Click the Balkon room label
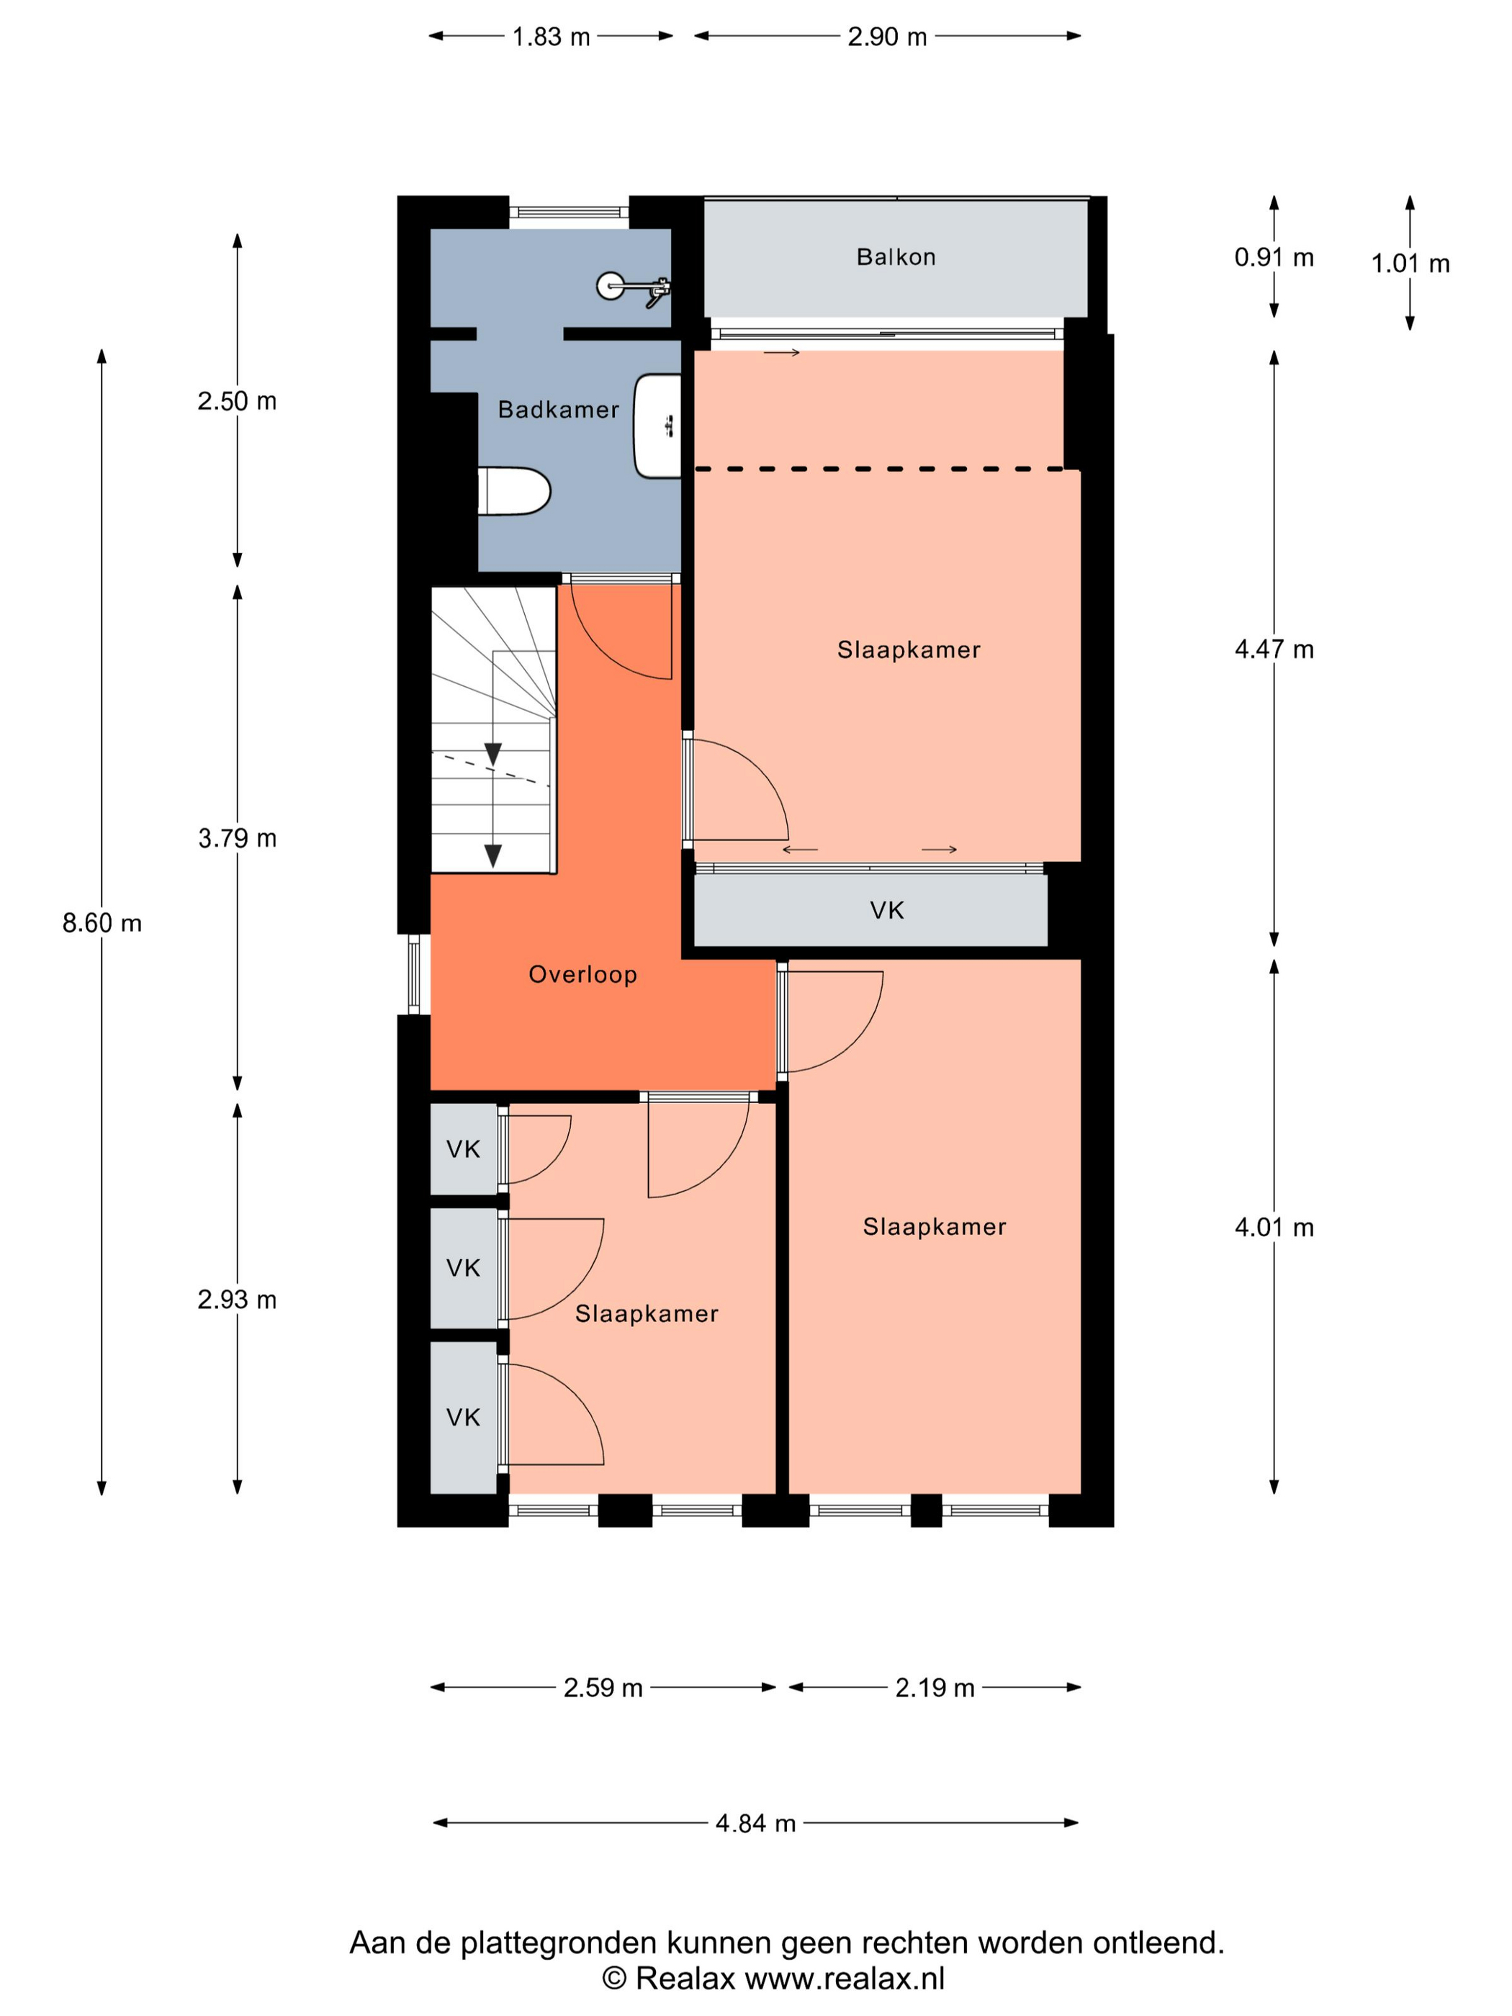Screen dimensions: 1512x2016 tap(895, 257)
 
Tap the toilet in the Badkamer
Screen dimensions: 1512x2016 tap(514, 491)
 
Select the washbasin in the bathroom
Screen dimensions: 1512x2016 tap(657, 425)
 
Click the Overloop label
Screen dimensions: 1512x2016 tap(582, 974)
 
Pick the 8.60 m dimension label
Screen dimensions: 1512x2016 tap(102, 923)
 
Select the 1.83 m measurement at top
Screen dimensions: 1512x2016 tap(551, 37)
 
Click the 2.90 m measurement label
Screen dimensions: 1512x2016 tap(887, 37)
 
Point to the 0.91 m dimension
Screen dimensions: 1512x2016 tap(1274, 257)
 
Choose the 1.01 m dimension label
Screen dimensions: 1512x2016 tap(1410, 264)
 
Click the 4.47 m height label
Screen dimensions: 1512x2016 tap(1274, 649)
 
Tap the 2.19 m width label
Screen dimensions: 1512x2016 tap(935, 1688)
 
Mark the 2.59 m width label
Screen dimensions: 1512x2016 tap(603, 1688)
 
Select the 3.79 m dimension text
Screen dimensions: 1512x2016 tap(237, 837)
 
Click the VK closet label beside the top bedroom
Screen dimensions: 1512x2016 tap(887, 909)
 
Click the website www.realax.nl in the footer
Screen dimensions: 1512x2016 tap(844, 1979)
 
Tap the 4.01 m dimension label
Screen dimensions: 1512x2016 tap(1274, 1227)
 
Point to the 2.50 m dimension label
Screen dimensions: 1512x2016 tap(237, 400)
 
